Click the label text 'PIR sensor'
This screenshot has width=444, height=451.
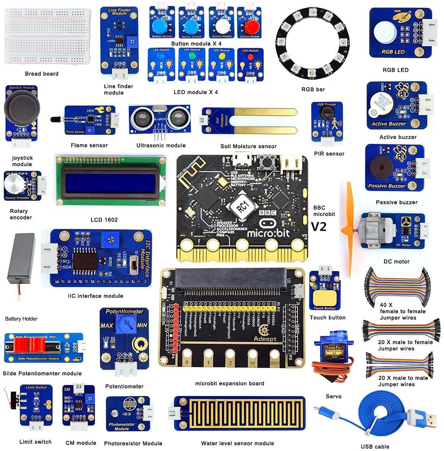coord(329,154)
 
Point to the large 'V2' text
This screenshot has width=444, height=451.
coord(319,227)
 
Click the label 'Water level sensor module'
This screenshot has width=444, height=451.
coord(237,443)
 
